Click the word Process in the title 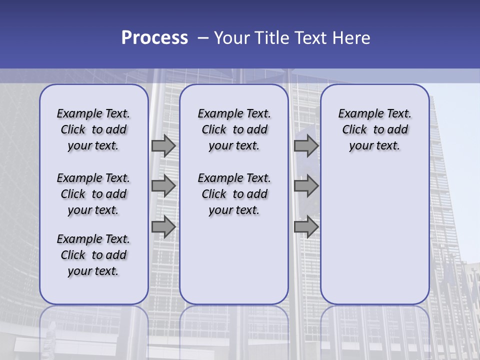click(x=154, y=38)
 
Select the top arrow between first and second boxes click(x=163, y=146)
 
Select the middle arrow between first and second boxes click(x=163, y=186)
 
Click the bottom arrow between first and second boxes click(x=163, y=226)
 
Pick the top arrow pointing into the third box click(x=306, y=146)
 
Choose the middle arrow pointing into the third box click(x=306, y=186)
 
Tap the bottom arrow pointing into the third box click(x=306, y=226)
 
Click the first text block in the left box click(x=93, y=129)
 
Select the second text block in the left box click(x=93, y=194)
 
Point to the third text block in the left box click(x=93, y=255)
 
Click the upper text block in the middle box click(x=234, y=129)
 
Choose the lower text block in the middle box click(x=234, y=194)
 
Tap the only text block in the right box click(x=374, y=129)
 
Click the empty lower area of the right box click(x=374, y=230)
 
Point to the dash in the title click(x=203, y=38)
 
